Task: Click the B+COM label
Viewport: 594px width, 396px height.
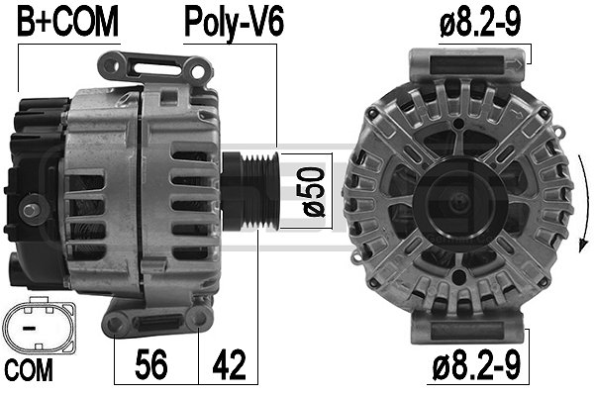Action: click(67, 22)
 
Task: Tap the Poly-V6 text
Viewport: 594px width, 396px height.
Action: click(234, 24)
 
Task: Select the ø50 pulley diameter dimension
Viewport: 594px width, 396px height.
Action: click(315, 192)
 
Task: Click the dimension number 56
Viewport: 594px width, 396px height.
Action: click(151, 364)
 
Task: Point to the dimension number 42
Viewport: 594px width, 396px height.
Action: click(230, 364)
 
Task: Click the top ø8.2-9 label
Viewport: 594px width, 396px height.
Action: click(480, 22)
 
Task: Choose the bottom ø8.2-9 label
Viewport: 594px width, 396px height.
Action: click(476, 365)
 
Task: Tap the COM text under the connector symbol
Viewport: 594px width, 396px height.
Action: click(29, 370)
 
